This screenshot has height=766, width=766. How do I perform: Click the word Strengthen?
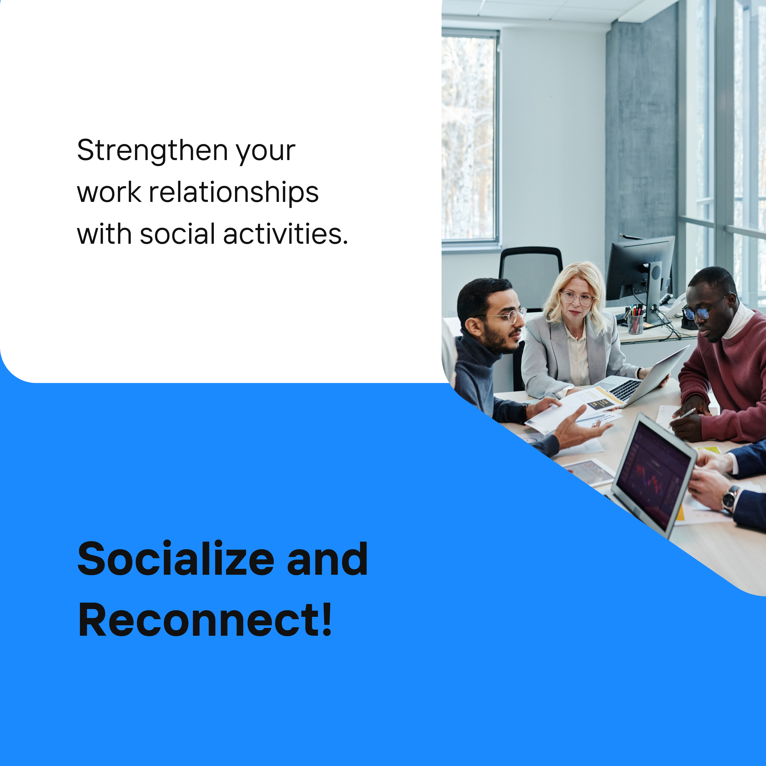pos(152,151)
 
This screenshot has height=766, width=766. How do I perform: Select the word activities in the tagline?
pos(285,234)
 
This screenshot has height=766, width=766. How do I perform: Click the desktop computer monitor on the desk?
pos(640,274)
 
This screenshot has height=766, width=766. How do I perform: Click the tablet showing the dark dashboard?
pos(654,474)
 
